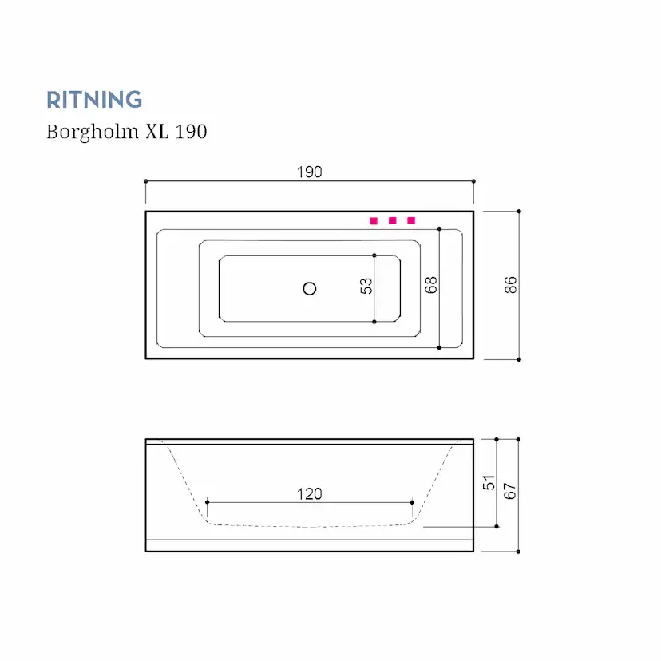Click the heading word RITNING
[x=94, y=100]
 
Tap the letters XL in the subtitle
[x=156, y=132]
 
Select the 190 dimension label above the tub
[x=309, y=172]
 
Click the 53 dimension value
[x=366, y=286]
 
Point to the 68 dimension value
[x=431, y=286]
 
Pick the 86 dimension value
[x=511, y=285]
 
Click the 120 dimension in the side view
[x=309, y=494]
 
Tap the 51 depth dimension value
[x=489, y=482]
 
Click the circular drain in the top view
[x=310, y=289]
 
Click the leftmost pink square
[x=373, y=220]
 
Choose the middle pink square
[x=392, y=220]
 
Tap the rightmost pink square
[x=411, y=220]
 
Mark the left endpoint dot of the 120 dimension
[x=207, y=502]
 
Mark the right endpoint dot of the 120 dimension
[x=412, y=502]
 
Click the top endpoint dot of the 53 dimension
[x=374, y=255]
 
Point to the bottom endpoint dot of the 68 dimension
[x=439, y=347]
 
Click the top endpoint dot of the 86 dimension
[x=519, y=212]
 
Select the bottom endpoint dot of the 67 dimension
[x=518, y=551]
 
